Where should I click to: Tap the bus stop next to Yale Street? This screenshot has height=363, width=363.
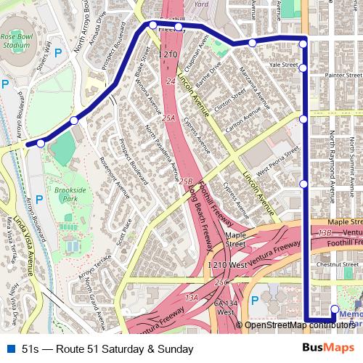point(303,68)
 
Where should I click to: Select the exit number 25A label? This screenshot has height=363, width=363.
point(169,118)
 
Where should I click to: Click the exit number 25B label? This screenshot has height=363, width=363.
point(186,181)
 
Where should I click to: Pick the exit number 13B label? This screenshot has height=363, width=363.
point(325,232)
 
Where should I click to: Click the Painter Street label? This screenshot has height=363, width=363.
point(343,73)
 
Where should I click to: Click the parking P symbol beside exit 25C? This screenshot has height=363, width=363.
point(254,299)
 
